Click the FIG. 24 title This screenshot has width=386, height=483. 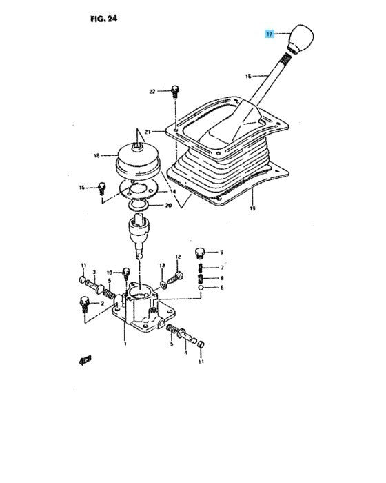[103, 19]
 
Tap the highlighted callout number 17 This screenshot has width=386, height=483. [270, 34]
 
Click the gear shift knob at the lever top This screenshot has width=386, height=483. [300, 39]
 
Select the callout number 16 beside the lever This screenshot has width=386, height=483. [248, 76]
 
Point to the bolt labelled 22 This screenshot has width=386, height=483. [175, 92]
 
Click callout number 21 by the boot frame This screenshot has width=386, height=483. [148, 132]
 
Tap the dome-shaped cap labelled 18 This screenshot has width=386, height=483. [139, 160]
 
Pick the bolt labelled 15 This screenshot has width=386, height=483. [101, 188]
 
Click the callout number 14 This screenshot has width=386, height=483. [173, 192]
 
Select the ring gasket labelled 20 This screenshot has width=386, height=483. [139, 205]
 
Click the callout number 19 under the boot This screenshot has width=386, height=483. [252, 208]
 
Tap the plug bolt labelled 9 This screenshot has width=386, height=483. [199, 253]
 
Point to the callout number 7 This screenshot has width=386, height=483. [222, 268]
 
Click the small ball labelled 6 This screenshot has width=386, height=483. [201, 288]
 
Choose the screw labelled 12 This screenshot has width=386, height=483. [176, 277]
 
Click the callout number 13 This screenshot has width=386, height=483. [162, 265]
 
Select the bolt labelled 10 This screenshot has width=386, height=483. [126, 273]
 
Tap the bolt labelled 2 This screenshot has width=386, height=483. [84, 304]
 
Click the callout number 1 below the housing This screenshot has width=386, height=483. [125, 344]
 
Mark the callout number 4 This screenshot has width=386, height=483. [185, 352]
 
